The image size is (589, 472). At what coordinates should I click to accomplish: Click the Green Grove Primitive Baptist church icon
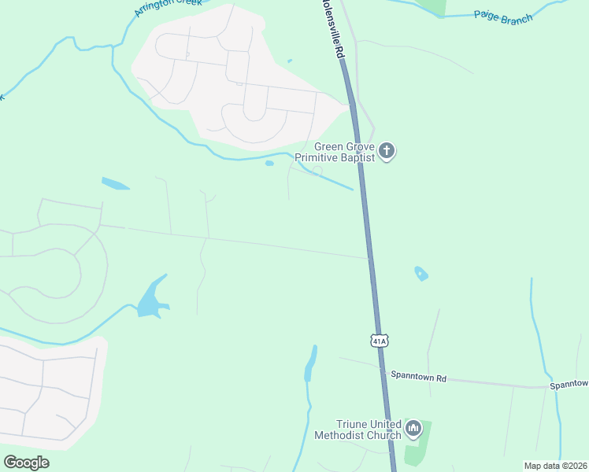(x=386, y=150)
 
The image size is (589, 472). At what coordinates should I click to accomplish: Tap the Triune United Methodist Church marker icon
(x=413, y=430)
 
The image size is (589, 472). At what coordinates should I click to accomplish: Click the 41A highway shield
(x=379, y=341)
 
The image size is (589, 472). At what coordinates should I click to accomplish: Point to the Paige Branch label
(x=503, y=17)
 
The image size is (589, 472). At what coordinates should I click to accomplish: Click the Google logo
(x=26, y=463)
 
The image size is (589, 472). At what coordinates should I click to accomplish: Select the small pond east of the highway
(x=421, y=274)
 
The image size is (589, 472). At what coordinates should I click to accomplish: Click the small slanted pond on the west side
(x=115, y=184)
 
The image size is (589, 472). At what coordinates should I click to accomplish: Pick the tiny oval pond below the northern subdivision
(x=269, y=164)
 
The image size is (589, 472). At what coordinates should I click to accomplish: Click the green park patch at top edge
(x=432, y=6)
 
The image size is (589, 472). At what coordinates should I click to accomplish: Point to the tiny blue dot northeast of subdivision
(x=290, y=61)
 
